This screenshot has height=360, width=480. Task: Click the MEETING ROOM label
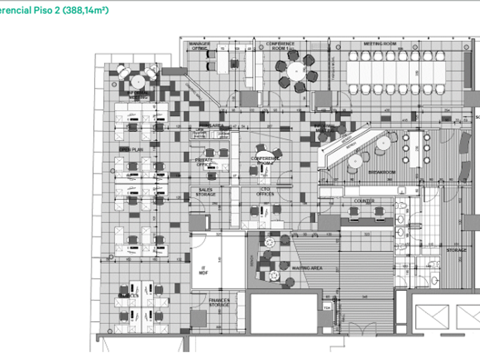(380, 44)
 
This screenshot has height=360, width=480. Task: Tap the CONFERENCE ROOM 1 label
(281, 46)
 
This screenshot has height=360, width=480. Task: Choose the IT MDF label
(202, 270)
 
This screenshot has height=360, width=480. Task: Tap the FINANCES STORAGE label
(219, 302)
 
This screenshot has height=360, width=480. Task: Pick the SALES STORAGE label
(206, 192)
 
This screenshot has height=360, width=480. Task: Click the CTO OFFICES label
(265, 192)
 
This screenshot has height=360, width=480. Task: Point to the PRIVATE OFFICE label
(204, 163)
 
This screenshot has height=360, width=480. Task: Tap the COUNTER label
(364, 201)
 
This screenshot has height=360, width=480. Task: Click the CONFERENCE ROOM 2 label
(265, 161)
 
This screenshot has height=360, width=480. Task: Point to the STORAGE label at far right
(457, 250)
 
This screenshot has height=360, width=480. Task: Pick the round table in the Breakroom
(355, 160)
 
